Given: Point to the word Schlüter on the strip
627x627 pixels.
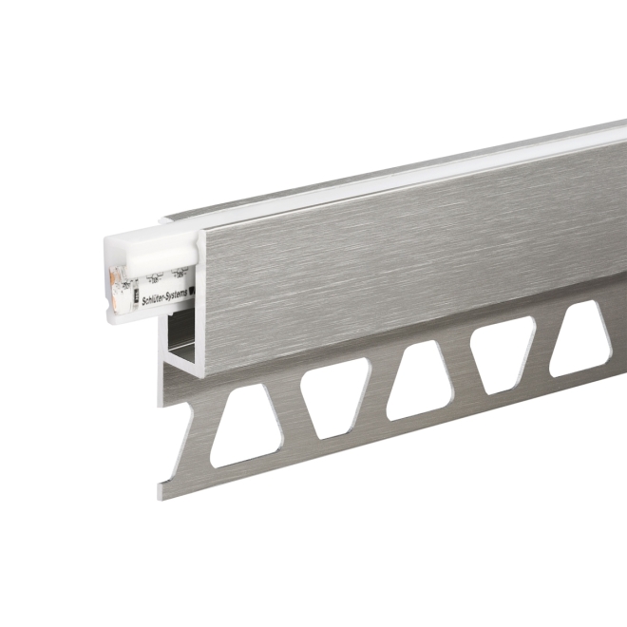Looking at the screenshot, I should coord(149,280).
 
